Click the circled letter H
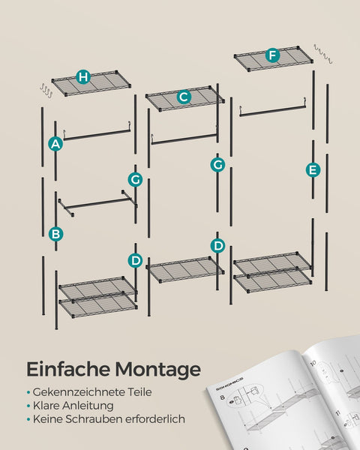[x=83, y=77]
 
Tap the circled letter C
[x=184, y=96]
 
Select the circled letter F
[x=272, y=55]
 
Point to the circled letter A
[x=55, y=144]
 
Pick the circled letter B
[x=55, y=234]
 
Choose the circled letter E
[x=313, y=169]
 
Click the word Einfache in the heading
[x=67, y=369]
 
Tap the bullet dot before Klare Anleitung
[x=28, y=406]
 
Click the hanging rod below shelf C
[x=184, y=139]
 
